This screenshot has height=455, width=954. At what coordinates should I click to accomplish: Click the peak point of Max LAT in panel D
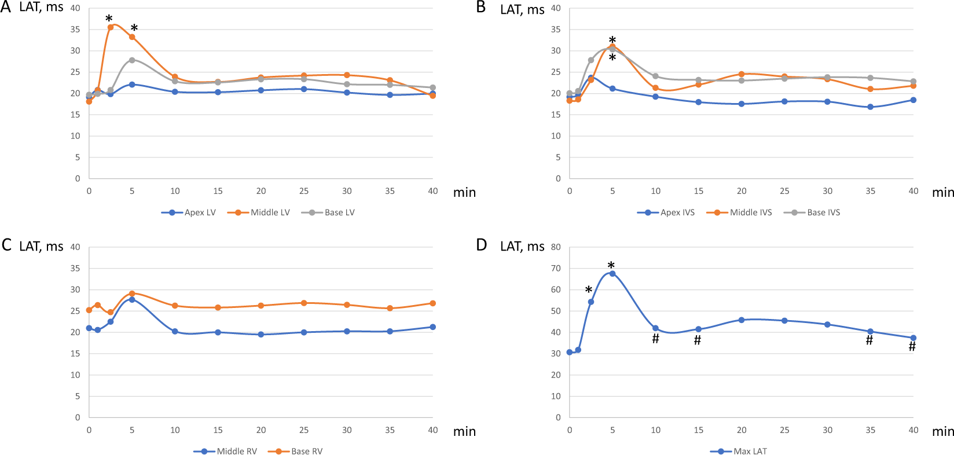click(x=612, y=273)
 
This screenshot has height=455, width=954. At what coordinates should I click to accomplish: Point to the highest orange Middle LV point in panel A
click(x=111, y=27)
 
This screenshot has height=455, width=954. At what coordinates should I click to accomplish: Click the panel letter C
click(x=6, y=245)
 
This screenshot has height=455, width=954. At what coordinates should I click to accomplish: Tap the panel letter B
click(x=481, y=7)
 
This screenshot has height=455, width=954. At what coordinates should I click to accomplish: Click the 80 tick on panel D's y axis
click(x=556, y=247)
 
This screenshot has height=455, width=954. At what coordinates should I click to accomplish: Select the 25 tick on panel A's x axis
click(x=304, y=191)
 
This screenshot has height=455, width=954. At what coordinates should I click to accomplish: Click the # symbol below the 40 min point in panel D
click(x=912, y=347)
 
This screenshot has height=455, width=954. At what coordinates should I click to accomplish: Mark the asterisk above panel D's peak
click(x=611, y=266)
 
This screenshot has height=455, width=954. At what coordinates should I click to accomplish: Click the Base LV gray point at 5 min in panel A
click(x=132, y=60)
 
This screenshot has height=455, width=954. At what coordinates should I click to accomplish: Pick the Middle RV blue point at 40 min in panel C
click(x=432, y=327)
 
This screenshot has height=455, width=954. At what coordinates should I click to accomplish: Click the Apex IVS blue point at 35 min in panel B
click(x=870, y=107)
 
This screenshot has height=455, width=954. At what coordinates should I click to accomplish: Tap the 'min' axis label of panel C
click(x=464, y=431)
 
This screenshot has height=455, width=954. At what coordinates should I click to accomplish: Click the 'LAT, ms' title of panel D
click(x=522, y=247)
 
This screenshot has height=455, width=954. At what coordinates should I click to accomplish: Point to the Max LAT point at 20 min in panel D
click(x=742, y=320)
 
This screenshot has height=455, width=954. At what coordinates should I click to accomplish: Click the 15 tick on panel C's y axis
click(x=75, y=354)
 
